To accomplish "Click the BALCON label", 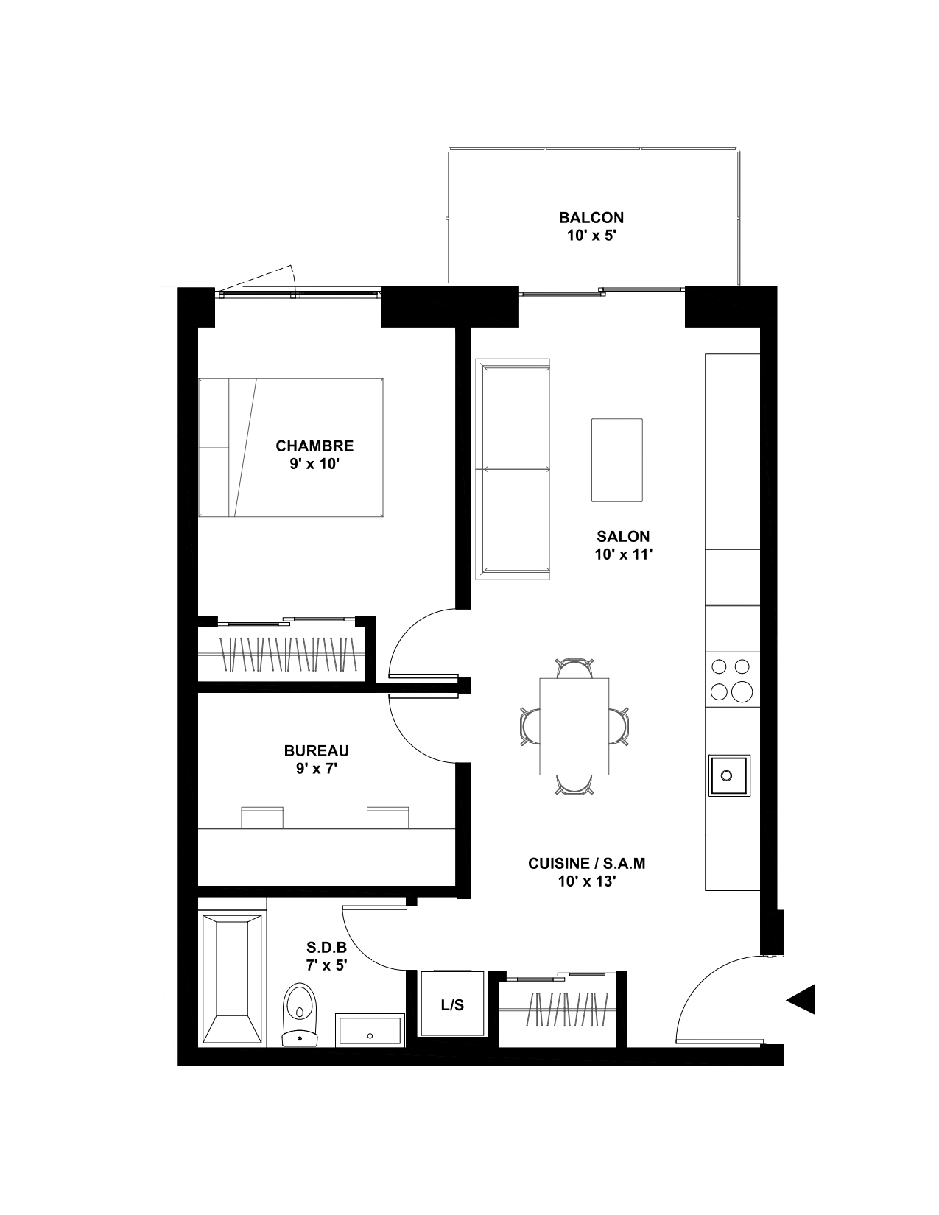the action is [x=591, y=217].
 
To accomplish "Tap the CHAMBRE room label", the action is [x=314, y=445].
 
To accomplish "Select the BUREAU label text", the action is [x=317, y=750].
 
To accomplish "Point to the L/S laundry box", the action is [x=452, y=1004].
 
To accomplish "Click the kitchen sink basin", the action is [x=729, y=775].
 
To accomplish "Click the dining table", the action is [x=574, y=726].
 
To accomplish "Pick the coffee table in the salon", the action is [x=617, y=459].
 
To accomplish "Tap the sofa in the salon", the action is [x=513, y=468].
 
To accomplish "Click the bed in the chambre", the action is [x=291, y=447].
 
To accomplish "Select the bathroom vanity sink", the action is [x=370, y=1029].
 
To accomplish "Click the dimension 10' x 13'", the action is [x=587, y=881].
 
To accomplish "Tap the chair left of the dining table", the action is [x=530, y=726].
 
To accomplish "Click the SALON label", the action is [x=623, y=536].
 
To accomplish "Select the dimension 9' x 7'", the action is [x=317, y=769].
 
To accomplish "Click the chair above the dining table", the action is [x=574, y=669].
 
